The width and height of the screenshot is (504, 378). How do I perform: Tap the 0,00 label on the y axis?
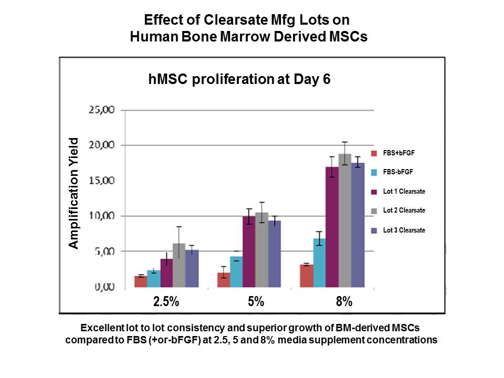coord(106,287)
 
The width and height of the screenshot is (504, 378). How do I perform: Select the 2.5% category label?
coord(166,302)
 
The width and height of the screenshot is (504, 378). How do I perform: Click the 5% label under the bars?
coord(256,302)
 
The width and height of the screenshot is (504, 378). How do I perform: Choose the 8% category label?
coord(344,302)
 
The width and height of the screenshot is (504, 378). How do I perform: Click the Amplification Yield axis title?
coord(74,193)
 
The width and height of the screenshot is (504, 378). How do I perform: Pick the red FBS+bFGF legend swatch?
coord(374,153)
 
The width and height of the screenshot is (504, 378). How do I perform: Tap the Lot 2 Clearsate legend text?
coord(404,211)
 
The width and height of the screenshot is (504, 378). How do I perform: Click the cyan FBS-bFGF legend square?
coord(374,172)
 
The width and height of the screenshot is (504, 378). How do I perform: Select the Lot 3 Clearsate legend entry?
coord(404,230)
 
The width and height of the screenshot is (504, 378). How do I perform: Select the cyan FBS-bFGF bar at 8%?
coord(319,262)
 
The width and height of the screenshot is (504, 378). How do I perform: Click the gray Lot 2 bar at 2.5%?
coord(179,265)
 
